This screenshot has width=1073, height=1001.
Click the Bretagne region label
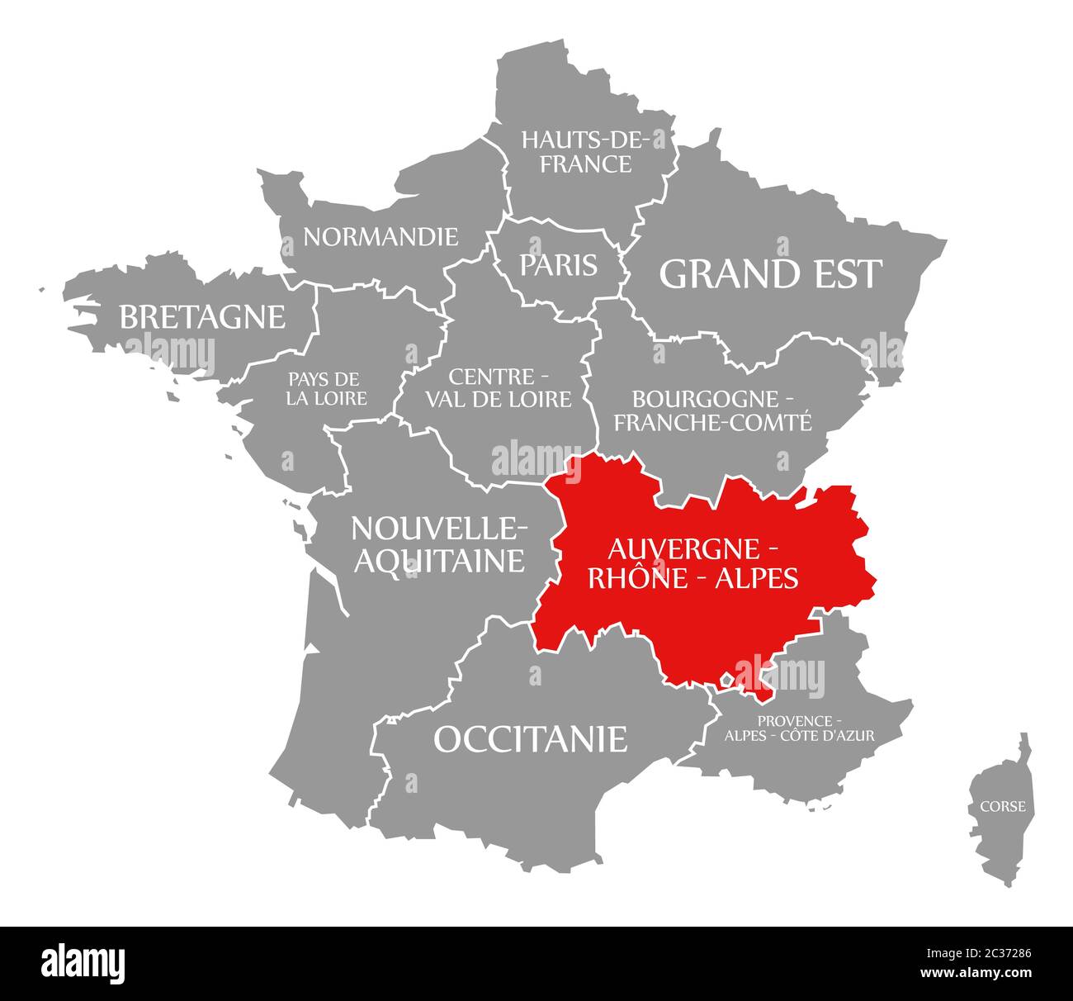tap(202, 316)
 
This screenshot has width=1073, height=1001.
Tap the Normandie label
tap(380, 237)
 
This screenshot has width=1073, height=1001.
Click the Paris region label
tap(558, 264)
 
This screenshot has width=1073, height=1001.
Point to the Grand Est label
tap(770, 274)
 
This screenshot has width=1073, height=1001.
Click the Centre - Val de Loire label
tap(498, 388)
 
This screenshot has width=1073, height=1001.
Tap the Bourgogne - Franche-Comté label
tap(712, 410)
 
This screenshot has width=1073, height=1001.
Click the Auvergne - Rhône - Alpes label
tap(692, 562)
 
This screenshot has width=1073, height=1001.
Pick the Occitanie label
tap(530, 738)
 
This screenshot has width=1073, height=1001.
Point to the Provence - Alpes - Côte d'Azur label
tap(799, 728)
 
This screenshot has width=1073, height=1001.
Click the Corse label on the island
tap(1003, 805)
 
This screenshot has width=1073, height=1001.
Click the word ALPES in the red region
tap(756, 578)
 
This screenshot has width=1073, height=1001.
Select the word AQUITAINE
tap(439, 561)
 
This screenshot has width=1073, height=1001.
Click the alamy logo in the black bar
tap(83, 962)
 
